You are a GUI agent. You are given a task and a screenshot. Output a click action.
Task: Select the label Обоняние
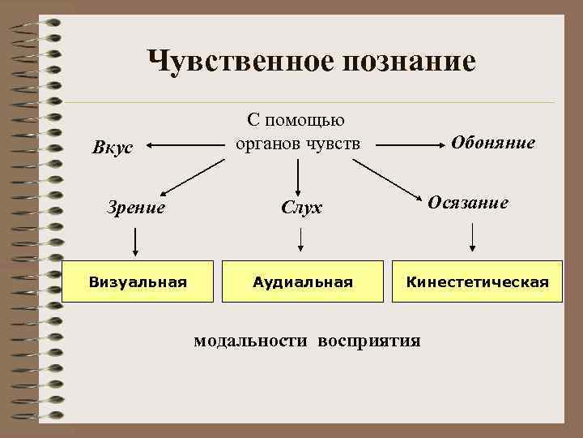coord(493,143)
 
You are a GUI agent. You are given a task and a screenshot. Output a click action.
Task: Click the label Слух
coord(302,208)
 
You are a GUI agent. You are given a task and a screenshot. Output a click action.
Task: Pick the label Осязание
coord(469,203)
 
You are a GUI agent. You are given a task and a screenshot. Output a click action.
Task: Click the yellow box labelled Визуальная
coord(138,281)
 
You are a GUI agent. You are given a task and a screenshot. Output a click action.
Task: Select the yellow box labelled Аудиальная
coord(303,281)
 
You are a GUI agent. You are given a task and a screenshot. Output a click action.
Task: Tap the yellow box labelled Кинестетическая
coord(478,281)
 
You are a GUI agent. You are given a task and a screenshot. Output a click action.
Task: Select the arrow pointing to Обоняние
coord(409,147)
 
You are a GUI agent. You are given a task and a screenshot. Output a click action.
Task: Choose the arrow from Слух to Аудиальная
coord(302,239)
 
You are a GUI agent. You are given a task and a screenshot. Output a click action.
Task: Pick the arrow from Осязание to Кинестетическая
coord(473,237)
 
